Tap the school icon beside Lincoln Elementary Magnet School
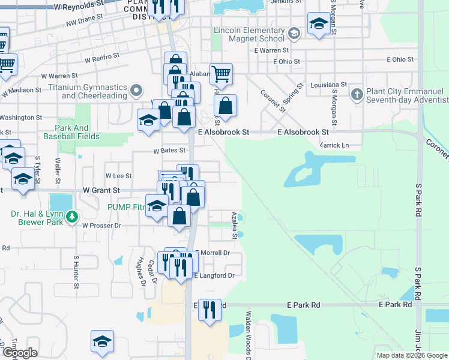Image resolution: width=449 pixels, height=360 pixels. click(x=294, y=32)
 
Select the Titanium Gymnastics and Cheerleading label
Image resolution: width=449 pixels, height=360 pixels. click(x=95, y=91)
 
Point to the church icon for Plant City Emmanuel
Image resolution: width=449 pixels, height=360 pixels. click(x=357, y=94)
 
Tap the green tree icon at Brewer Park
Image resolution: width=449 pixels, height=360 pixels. click(x=72, y=215)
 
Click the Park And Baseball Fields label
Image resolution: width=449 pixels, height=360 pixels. click(x=71, y=132)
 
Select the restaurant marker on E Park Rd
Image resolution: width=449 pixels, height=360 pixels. click(x=209, y=310)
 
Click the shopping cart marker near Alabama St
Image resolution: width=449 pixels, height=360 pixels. click(x=221, y=74)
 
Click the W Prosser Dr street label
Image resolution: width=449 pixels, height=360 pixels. click(x=102, y=226)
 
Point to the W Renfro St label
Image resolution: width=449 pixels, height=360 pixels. click(x=102, y=58)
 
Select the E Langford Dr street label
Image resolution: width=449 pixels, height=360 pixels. click(x=213, y=275)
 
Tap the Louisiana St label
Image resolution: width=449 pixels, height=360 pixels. click(x=330, y=85)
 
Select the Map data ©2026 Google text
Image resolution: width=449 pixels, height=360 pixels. click(x=412, y=355)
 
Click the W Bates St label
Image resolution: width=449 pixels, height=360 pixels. click(x=167, y=152)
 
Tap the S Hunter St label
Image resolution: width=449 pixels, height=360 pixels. click(x=77, y=270)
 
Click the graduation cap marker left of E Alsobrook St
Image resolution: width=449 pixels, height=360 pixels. click(x=148, y=119)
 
